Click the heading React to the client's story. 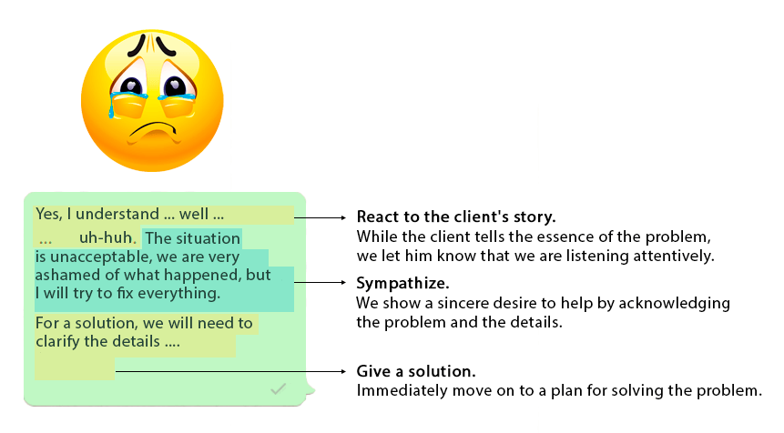455,218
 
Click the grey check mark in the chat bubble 279,389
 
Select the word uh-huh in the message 106,238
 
